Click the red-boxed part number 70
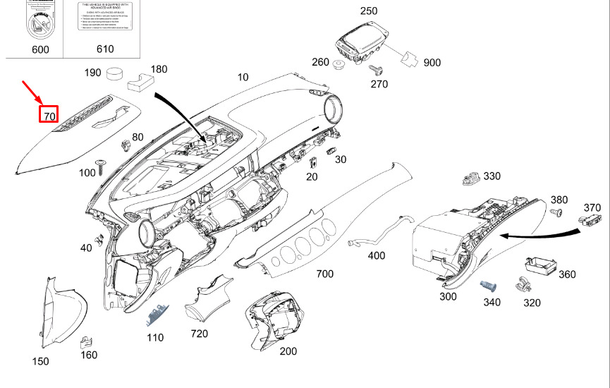[x=49, y=113]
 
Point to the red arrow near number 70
[x=32, y=92]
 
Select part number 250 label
[x=369, y=11]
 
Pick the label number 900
[x=432, y=63]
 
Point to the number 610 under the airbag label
[x=104, y=49]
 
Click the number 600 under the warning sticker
[x=41, y=49]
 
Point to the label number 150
[x=41, y=361]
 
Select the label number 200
[x=288, y=351]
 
